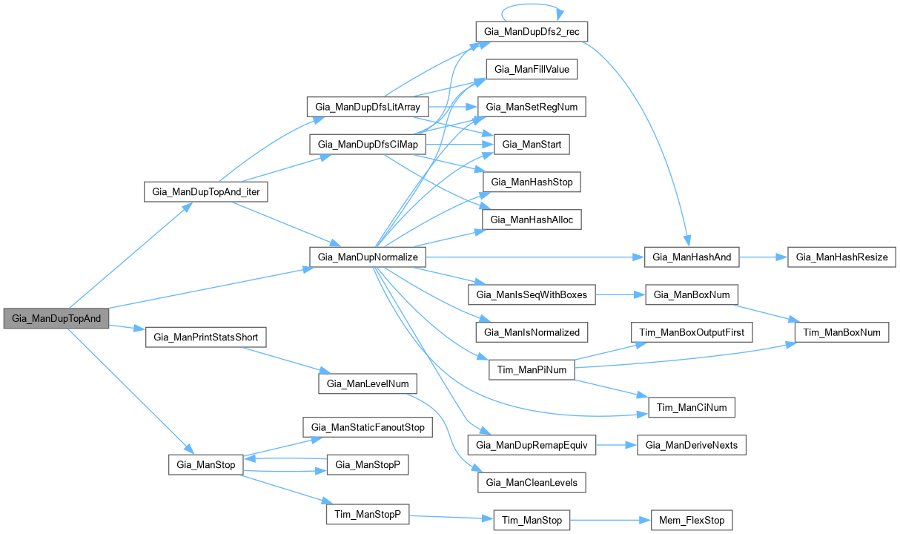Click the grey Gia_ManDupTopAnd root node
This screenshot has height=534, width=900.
point(56,318)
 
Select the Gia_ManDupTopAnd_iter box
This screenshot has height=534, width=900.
point(205,191)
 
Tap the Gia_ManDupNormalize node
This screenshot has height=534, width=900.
point(368,257)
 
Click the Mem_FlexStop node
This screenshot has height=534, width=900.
point(692,519)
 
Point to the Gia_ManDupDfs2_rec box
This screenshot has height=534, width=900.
point(532,33)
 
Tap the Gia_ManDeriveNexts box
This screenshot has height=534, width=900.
point(692,445)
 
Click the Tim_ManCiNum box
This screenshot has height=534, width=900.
point(692,406)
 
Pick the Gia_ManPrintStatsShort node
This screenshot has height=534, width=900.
point(205,337)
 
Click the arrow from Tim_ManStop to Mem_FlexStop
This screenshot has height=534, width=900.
point(609,519)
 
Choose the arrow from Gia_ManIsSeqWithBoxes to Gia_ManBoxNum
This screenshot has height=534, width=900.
point(620,294)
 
